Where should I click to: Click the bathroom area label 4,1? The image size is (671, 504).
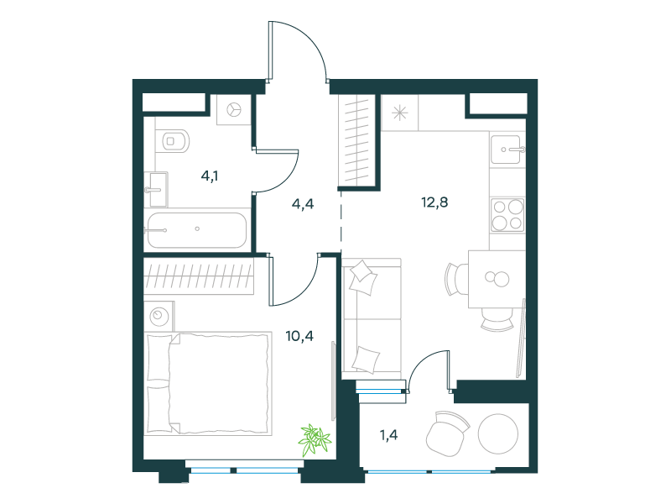tap(210, 176)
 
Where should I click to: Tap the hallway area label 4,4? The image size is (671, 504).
tap(303, 204)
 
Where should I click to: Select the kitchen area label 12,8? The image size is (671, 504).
tap(434, 202)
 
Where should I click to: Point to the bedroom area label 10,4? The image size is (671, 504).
tap(299, 336)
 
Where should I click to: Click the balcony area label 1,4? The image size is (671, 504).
tap(388, 435)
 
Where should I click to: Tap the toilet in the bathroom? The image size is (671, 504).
tap(175, 140)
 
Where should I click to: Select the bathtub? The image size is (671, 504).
tap(197, 230)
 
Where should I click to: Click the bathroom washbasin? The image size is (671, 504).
tap(156, 189)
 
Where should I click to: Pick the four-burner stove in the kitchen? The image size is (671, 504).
tap(507, 215)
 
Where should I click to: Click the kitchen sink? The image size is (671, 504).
tap(507, 150)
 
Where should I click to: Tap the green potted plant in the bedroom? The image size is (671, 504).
tap(315, 439)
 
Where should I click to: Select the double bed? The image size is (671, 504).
tap(209, 383)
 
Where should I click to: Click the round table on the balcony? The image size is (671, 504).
tap(498, 433)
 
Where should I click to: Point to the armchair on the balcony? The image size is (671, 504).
tap(447, 433)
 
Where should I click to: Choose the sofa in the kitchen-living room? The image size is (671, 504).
tap(372, 319)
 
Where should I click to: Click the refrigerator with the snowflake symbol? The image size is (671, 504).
tap(400, 113)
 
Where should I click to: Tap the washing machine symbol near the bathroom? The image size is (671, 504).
tap(234, 110)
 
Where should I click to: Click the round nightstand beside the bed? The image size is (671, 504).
tap(159, 317)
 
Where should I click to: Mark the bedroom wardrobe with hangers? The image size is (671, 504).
tap(199, 276)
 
